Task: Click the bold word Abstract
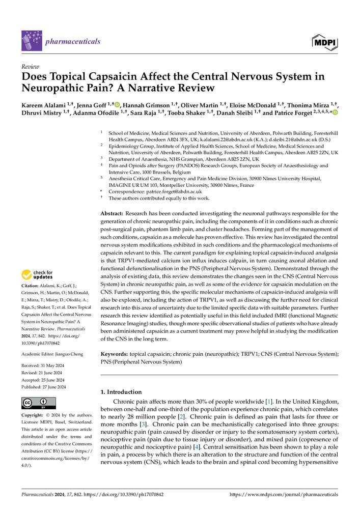pos(110,213)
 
